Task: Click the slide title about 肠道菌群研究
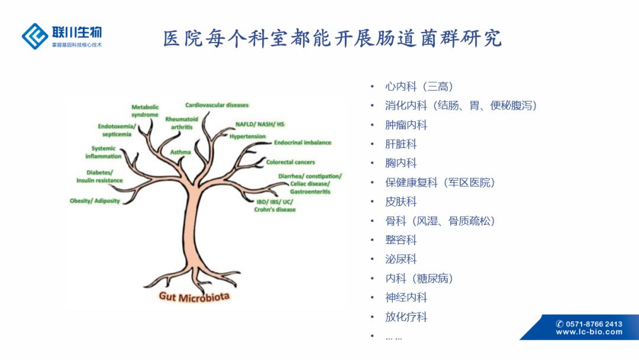tap(333, 38)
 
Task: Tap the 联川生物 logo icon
tap(35, 36)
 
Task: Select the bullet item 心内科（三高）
tap(419, 86)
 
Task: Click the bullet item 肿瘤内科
tap(406, 125)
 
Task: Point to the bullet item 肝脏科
tap(401, 144)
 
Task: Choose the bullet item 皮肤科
tap(401, 201)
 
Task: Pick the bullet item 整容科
tap(401, 240)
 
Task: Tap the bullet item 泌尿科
tap(401, 259)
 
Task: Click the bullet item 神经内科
tap(406, 297)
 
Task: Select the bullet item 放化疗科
tap(406, 317)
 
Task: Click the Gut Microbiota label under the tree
tap(194, 296)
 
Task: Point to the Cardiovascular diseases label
tap(217, 105)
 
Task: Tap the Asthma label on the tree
tap(180, 152)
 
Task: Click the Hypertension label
tap(248, 136)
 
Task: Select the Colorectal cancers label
tap(291, 162)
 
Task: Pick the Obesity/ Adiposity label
tap(95, 201)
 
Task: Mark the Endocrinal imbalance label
tap(302, 143)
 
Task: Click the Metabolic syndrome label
tap(145, 111)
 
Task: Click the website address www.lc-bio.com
tap(589, 332)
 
